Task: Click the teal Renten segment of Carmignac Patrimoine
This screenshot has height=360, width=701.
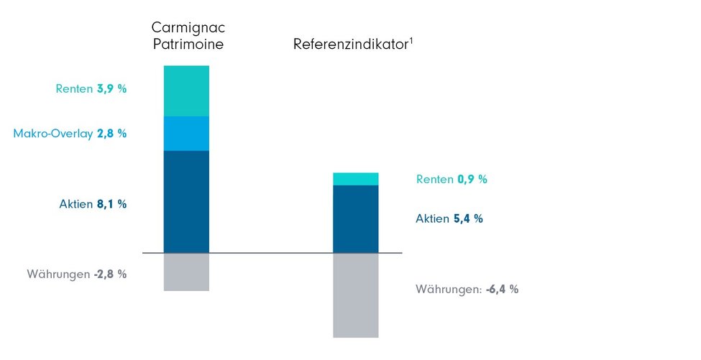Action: click(x=186, y=91)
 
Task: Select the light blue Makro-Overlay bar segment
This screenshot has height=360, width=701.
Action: click(x=186, y=133)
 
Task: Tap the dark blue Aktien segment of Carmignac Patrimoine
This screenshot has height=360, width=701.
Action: click(x=186, y=201)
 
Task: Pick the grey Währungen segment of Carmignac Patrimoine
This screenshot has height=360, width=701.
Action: click(x=186, y=272)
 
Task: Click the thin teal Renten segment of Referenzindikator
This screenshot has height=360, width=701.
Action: click(x=356, y=179)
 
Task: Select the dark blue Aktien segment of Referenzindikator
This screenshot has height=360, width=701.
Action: click(x=356, y=218)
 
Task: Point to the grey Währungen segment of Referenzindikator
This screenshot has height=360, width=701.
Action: click(x=356, y=295)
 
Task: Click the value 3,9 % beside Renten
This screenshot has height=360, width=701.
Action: click(x=111, y=89)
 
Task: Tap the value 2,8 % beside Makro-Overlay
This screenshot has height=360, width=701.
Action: click(x=111, y=133)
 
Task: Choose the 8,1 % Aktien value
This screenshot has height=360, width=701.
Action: click(x=111, y=204)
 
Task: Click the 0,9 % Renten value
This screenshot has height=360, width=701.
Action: click(x=472, y=180)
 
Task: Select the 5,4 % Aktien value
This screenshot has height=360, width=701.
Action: click(x=468, y=218)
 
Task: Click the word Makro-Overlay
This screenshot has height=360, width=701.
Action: click(x=53, y=133)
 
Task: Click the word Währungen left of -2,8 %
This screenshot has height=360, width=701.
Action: click(x=58, y=274)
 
